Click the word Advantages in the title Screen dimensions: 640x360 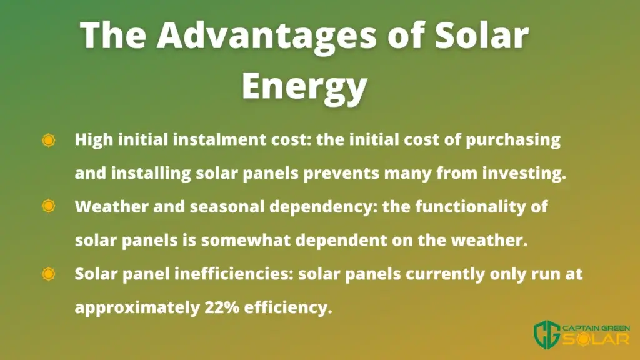[266, 35]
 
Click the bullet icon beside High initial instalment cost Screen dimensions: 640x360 [49, 140]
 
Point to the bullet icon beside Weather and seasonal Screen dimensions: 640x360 [49, 206]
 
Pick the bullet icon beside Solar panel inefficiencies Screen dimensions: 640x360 [49, 274]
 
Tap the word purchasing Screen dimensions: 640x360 [513, 140]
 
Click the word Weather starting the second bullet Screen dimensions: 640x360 [112, 206]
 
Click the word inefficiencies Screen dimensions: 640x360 [234, 274]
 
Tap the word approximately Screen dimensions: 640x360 [137, 308]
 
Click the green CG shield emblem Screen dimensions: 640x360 [547, 334]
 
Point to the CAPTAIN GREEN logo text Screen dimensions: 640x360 [596, 328]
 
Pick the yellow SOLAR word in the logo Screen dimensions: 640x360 [596, 339]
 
